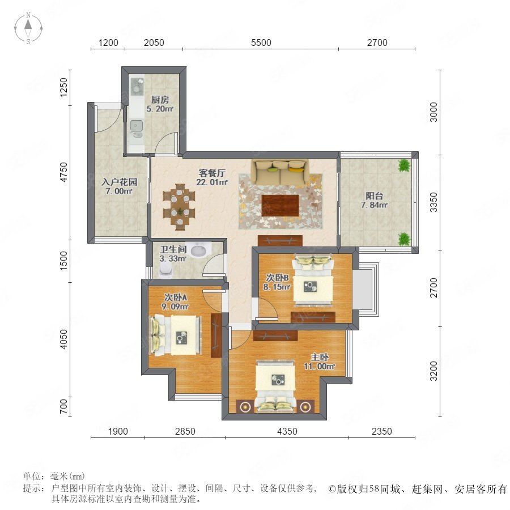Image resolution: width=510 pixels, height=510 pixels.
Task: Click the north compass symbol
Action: coord(28,28)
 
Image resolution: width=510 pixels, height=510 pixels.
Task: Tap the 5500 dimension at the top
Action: coord(261,42)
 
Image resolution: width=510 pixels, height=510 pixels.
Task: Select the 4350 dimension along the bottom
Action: coord(287,431)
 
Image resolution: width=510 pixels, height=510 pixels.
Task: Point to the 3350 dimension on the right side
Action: coord(434,202)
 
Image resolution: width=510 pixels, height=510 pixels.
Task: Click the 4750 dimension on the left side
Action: coord(64,172)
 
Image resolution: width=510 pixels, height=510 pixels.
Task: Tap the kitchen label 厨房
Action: coord(160,100)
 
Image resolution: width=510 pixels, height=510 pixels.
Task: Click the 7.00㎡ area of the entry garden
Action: coord(119,192)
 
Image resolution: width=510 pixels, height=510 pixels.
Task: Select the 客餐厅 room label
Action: coord(212,173)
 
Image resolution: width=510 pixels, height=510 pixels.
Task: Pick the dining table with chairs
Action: coord(179,207)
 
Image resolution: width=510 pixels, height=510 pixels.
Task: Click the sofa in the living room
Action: coord(280,172)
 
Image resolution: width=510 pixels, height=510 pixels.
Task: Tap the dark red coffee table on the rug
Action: coord(280,205)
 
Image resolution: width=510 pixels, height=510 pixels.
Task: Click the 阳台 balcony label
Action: coord(374,196)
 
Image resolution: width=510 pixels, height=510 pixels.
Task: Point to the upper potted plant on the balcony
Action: coord(404,165)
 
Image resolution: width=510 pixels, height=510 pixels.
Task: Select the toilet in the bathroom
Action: coord(166,270)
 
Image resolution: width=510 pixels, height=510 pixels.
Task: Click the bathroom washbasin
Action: coord(199,250)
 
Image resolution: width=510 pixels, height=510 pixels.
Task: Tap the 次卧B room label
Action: coord(277,278)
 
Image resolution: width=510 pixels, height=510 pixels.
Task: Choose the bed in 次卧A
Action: coord(176,335)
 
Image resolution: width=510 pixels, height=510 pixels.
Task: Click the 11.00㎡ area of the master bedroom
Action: coord(320,366)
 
